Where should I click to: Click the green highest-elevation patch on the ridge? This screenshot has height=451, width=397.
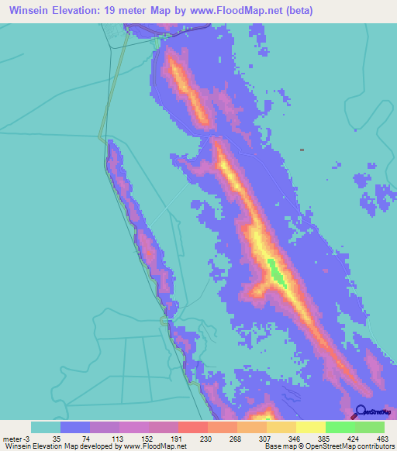pos(276,272)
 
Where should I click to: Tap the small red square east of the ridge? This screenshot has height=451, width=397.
pos(302,150)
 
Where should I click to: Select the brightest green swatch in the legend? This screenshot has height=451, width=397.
pos(340,427)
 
